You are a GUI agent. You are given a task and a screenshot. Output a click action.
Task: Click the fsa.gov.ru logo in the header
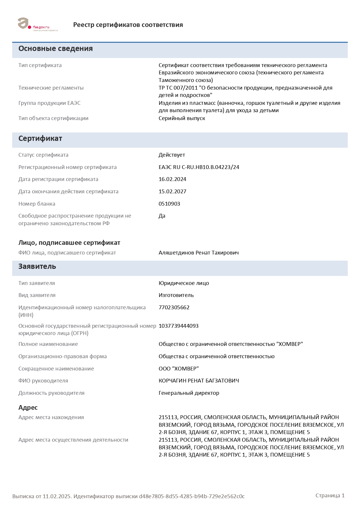[37, 25]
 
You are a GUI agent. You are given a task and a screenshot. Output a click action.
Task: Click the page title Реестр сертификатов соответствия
[128, 25]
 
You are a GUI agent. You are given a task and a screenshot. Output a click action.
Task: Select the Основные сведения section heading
[56, 49]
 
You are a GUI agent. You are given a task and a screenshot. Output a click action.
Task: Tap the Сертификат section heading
[40, 139]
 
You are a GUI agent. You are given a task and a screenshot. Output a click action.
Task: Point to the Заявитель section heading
[37, 267]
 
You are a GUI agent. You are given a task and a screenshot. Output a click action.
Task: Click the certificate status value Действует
[172, 155]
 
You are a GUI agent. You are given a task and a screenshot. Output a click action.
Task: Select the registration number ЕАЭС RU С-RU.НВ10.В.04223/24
[199, 167]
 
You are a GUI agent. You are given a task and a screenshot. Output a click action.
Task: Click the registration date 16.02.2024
[172, 179]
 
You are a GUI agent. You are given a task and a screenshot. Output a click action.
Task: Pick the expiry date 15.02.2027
[172, 192]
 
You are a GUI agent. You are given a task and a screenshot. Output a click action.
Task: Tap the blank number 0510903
[169, 204]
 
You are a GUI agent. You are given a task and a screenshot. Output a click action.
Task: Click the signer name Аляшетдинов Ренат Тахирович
[198, 253]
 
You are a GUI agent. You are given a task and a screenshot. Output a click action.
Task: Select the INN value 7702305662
[174, 308]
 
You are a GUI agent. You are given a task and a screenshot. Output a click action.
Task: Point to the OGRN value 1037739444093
[179, 326]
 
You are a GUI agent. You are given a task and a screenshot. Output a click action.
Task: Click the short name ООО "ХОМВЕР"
[179, 369]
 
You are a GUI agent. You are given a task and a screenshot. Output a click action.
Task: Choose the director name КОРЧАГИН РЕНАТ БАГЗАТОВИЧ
[199, 381]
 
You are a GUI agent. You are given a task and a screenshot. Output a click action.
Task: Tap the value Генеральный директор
[189, 393]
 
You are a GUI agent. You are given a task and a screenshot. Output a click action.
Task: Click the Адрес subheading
[28, 408]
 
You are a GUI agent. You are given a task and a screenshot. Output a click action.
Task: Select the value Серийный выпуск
[182, 118]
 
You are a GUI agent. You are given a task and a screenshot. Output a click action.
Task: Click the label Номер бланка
[37, 204]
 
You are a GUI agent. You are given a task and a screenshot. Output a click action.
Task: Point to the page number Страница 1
[330, 496]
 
